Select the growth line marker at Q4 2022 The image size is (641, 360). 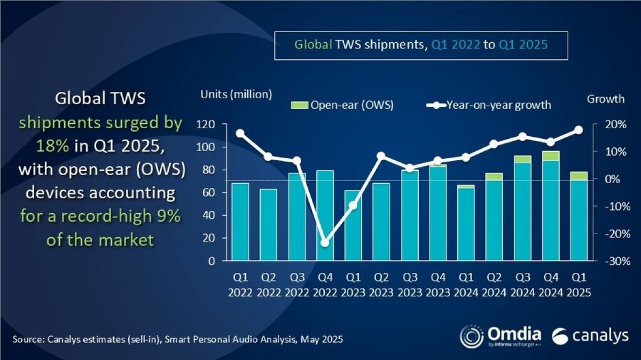(325, 242)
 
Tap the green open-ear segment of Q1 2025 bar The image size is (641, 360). (579, 176)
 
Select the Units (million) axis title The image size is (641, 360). (236, 95)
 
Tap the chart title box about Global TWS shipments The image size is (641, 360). (421, 45)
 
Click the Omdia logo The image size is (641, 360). (501, 336)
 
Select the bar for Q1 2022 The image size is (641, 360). (240, 222)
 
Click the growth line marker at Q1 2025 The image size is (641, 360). (579, 130)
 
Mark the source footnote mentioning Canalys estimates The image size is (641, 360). (177, 339)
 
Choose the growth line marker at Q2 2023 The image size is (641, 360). (381, 156)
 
